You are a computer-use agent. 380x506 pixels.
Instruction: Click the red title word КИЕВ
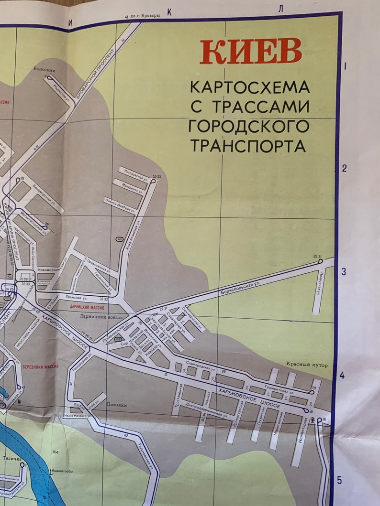pos(251,51)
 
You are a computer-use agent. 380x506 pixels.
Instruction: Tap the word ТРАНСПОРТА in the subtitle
pos(248,145)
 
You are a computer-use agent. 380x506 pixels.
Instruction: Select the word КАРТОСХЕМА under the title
pos(250,87)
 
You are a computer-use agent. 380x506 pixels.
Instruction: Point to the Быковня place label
pos(42,69)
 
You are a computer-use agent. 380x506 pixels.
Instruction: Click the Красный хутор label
pos(307,366)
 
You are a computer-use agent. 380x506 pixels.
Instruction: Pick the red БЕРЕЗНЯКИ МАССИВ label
pos(40,367)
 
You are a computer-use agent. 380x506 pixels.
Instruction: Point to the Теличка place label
pos(12,459)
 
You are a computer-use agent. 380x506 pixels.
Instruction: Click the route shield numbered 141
pos(120,239)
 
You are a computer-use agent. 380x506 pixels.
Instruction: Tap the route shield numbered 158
pos(117,339)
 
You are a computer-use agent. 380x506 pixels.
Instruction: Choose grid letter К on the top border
pos(169,12)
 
